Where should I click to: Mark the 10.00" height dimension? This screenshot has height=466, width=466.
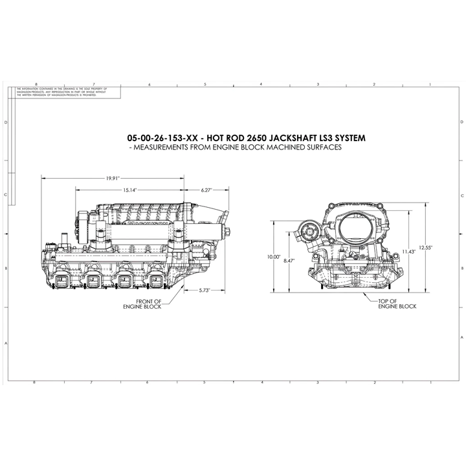(x=275, y=256)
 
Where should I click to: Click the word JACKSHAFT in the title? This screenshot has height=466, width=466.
(x=305, y=138)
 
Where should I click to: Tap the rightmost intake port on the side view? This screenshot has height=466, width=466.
(x=157, y=281)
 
